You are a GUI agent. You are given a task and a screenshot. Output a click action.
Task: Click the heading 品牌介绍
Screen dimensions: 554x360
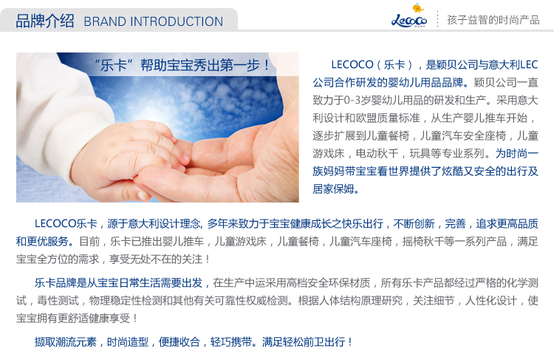click(45, 21)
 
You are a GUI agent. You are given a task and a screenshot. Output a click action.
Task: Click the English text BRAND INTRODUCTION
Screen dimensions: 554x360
click(154, 21)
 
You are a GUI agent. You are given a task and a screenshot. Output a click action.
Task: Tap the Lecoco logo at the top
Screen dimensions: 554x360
click(409, 21)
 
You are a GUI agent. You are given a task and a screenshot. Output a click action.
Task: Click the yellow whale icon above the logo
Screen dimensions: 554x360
click(418, 8)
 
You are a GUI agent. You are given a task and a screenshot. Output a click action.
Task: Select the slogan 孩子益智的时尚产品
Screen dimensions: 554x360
click(493, 20)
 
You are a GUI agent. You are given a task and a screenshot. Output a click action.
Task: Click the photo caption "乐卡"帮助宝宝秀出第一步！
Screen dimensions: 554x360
click(182, 65)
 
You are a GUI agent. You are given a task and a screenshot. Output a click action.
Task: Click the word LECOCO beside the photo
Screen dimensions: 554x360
click(352, 65)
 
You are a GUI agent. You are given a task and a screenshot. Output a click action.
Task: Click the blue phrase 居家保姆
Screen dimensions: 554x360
click(333, 189)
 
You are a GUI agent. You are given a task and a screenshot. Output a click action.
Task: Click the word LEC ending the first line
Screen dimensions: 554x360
click(530, 65)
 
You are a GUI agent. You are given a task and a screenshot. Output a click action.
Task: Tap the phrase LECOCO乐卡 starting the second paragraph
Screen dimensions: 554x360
click(66, 223)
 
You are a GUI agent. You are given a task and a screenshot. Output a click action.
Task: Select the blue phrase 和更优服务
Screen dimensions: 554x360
click(42, 242)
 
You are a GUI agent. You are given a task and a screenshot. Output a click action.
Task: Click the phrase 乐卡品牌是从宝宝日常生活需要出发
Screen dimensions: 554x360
click(118, 283)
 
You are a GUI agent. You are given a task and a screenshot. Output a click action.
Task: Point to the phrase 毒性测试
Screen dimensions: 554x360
click(58, 301)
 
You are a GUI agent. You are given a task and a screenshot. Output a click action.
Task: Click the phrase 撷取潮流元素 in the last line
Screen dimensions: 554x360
click(65, 342)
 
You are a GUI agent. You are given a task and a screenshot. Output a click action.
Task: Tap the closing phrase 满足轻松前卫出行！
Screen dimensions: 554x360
click(307, 342)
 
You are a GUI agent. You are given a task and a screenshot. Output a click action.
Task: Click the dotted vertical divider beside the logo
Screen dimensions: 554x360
click(437, 18)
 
